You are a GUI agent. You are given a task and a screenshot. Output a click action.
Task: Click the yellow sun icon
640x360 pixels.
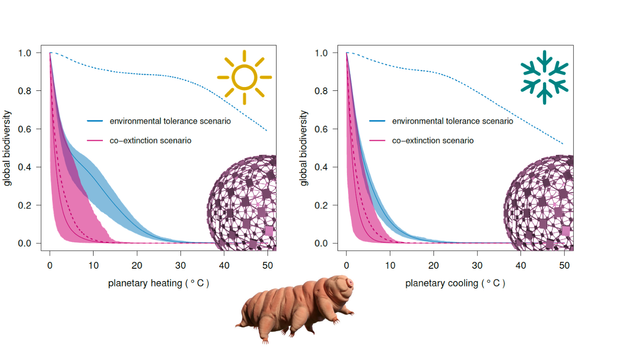click(244, 77)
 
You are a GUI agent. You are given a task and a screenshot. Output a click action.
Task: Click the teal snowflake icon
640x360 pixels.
click(544, 77)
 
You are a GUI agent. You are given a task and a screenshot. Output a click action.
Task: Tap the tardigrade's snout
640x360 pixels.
click(349, 282)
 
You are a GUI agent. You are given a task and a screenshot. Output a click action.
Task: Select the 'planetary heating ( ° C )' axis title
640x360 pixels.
click(158, 283)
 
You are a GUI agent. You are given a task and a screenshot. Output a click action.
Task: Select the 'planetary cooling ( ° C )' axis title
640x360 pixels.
click(455, 283)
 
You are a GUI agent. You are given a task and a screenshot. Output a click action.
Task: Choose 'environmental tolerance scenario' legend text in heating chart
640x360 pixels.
click(170, 121)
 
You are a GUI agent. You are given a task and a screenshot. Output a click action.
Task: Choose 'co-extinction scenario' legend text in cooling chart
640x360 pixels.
click(433, 140)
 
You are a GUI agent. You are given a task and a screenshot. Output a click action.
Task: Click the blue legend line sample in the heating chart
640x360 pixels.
click(95, 121)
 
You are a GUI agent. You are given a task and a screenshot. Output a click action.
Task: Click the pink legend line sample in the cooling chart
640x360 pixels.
click(377, 140)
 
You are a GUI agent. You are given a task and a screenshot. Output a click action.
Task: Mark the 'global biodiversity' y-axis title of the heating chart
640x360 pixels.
click(7, 148)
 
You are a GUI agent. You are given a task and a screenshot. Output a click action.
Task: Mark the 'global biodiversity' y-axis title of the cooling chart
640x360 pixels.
click(304, 148)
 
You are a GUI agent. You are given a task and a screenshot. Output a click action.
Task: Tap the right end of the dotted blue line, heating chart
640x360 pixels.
click(267, 131)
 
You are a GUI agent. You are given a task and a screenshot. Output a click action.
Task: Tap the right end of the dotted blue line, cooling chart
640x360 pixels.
click(564, 144)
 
